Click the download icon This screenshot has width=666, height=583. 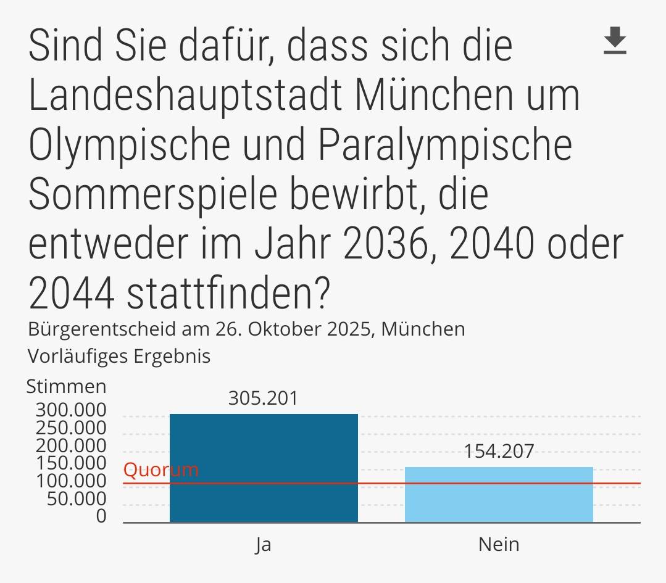[615, 41]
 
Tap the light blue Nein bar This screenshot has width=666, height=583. [499, 494]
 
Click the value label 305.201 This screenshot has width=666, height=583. [263, 399]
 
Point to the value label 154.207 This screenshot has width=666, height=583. [499, 452]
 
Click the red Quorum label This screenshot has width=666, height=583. [161, 470]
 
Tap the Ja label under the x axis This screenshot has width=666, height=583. [264, 545]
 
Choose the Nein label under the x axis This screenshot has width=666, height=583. [499, 545]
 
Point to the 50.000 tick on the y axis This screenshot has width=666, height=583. [77, 498]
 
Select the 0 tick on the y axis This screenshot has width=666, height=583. [101, 516]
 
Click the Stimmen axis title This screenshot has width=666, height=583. [66, 387]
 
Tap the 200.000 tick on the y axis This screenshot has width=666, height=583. [71, 445]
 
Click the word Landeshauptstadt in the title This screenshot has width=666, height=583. [186, 96]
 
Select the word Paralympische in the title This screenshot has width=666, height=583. [445, 146]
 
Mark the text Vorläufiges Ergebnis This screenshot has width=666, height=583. [119, 357]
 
